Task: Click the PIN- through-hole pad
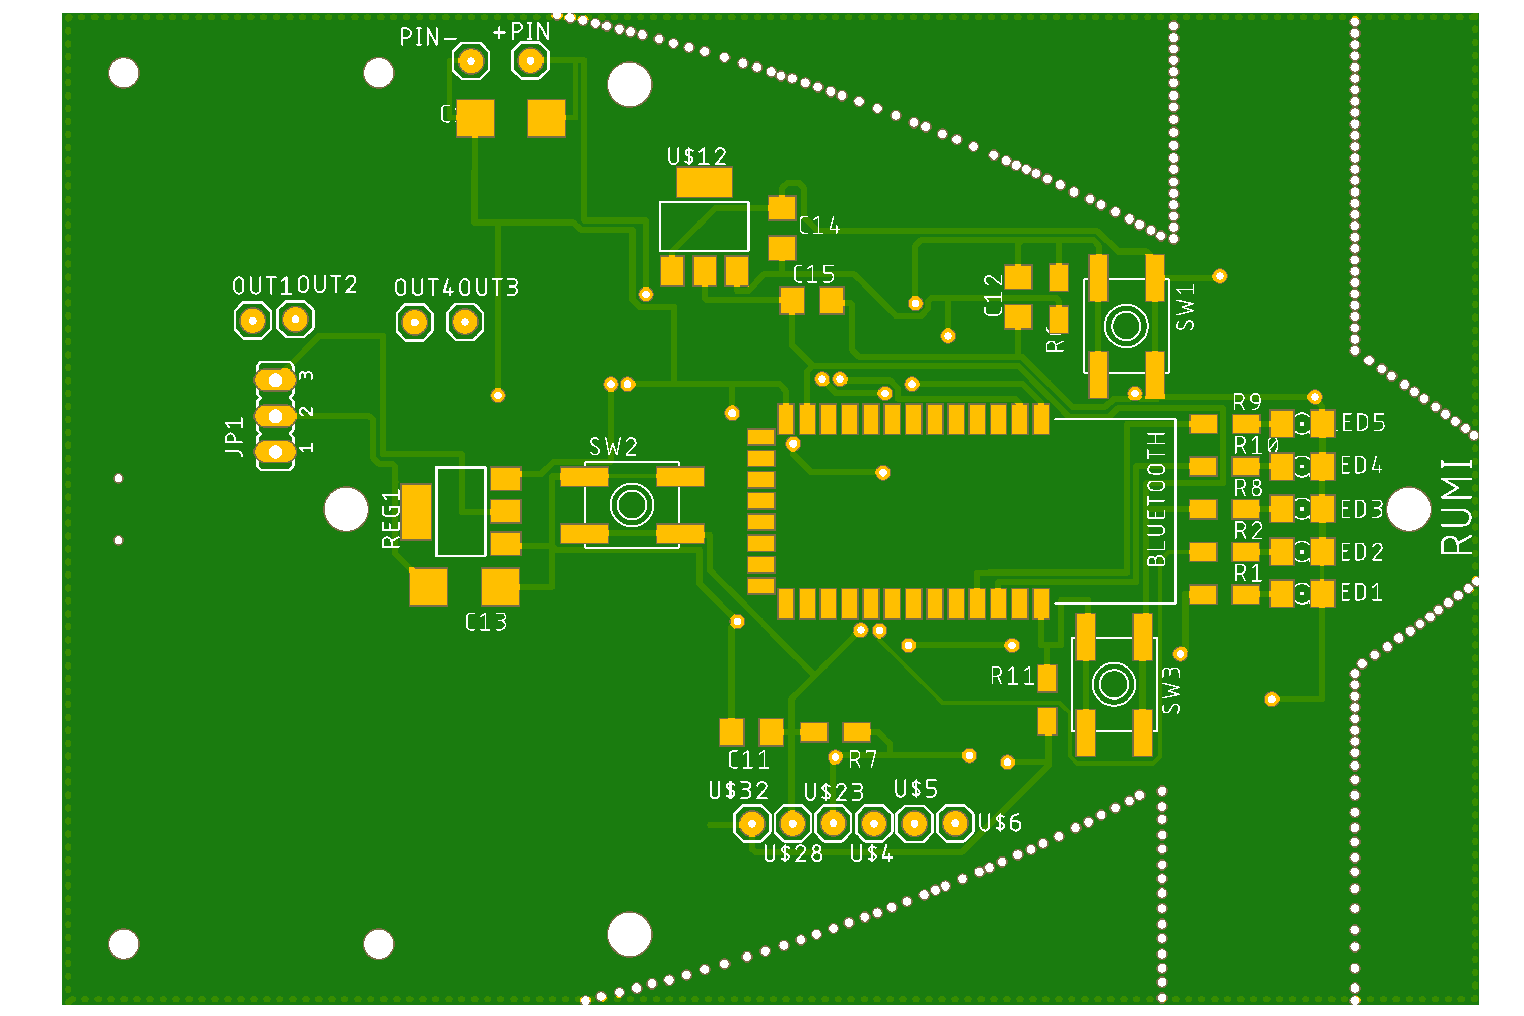(x=470, y=61)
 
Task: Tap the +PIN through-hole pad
(x=530, y=61)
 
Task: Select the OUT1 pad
(x=252, y=320)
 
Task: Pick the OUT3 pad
(x=465, y=322)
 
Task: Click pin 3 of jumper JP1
(x=275, y=379)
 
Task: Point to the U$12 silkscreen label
(x=696, y=156)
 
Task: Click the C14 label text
(x=819, y=226)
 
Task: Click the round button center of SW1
(x=1126, y=326)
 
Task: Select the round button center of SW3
(x=1114, y=684)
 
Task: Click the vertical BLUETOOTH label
(x=1157, y=499)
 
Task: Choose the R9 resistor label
(x=1247, y=403)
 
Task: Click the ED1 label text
(x=1361, y=593)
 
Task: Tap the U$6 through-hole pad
(x=955, y=823)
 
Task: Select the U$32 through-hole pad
(x=752, y=824)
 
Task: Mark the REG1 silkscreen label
(x=391, y=519)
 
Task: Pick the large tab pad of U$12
(x=704, y=182)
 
